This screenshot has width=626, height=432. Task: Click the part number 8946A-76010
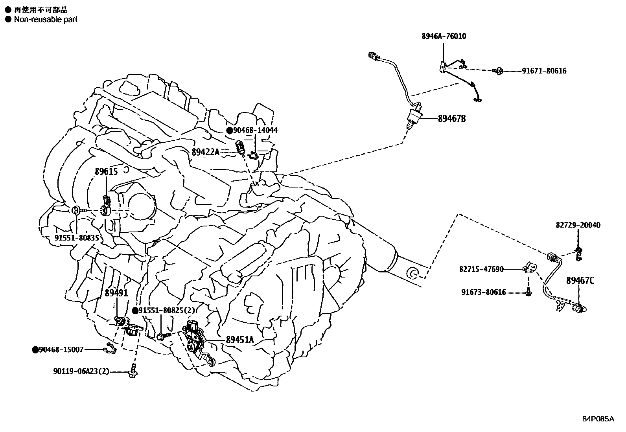click(x=444, y=36)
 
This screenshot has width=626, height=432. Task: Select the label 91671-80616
click(x=544, y=71)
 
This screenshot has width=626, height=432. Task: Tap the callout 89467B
click(x=452, y=118)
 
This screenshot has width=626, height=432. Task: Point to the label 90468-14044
click(x=255, y=130)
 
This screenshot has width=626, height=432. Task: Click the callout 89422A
click(x=206, y=152)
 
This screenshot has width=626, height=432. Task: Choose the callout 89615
click(x=106, y=171)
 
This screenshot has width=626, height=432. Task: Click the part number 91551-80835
click(x=77, y=238)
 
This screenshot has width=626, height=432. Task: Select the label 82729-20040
click(x=578, y=225)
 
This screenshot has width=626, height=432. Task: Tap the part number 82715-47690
click(x=481, y=269)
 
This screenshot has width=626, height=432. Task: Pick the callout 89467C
click(x=580, y=281)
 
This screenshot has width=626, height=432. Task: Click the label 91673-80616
click(x=484, y=292)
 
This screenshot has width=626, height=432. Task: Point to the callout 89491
click(x=116, y=293)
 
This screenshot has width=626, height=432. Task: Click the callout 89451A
click(x=240, y=340)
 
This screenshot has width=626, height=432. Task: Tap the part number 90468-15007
click(x=61, y=349)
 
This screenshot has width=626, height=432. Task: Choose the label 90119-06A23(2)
click(x=81, y=371)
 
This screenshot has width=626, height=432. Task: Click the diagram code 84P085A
click(x=598, y=419)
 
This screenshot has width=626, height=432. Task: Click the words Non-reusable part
click(x=46, y=19)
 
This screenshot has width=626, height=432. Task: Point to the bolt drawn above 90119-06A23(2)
click(x=133, y=371)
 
